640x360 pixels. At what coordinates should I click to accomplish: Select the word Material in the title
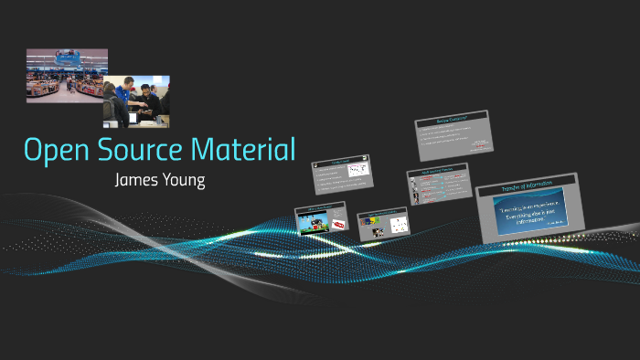click(x=251, y=150)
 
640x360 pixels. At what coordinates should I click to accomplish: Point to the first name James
click(x=138, y=179)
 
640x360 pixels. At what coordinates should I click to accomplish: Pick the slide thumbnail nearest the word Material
click(x=340, y=175)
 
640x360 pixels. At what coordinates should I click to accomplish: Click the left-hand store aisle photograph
click(x=66, y=76)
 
